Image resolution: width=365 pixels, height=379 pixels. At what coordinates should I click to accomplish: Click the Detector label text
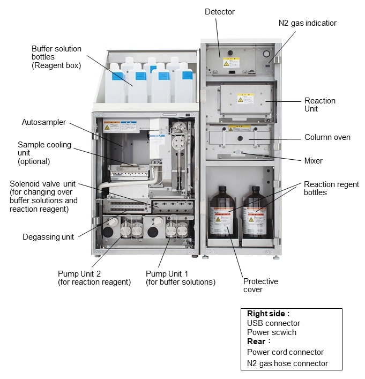(219, 11)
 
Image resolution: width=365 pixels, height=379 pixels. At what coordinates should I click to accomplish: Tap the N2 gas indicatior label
(307, 23)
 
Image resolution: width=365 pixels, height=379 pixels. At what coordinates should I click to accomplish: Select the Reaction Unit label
(320, 105)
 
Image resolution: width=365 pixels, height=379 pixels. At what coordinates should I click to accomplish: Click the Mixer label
(314, 160)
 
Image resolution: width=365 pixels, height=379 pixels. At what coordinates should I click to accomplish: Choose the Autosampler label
(44, 122)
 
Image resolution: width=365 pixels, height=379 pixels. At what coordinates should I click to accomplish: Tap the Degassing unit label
(48, 237)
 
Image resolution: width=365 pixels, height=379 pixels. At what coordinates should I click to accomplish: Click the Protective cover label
(260, 285)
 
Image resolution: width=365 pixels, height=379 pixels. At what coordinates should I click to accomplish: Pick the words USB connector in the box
(273, 323)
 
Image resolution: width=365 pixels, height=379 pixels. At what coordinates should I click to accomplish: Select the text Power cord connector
(285, 352)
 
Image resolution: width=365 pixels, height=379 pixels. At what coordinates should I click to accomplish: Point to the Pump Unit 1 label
(180, 278)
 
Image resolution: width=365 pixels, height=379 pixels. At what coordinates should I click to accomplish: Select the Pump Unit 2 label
(94, 278)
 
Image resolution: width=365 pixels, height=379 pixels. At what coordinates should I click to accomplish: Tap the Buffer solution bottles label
(56, 57)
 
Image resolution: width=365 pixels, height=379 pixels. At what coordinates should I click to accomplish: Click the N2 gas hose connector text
(287, 363)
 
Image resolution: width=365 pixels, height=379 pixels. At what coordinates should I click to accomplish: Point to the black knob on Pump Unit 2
(108, 232)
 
